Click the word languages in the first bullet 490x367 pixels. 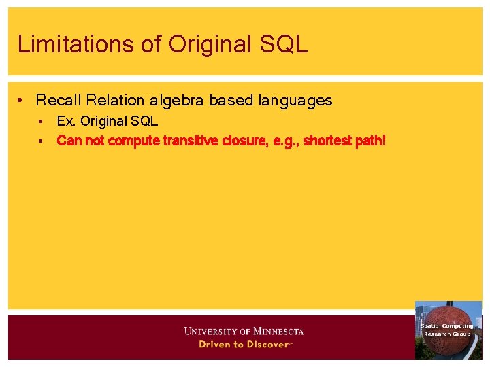(x=295, y=101)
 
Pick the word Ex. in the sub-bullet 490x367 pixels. (x=66, y=122)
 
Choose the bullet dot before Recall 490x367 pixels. (x=22, y=101)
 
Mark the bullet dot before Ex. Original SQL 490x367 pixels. (x=42, y=122)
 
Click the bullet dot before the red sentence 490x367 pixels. (x=42, y=141)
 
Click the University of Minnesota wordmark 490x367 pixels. (x=244, y=332)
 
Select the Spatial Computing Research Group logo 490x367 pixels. (x=448, y=330)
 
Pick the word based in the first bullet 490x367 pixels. (x=231, y=101)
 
